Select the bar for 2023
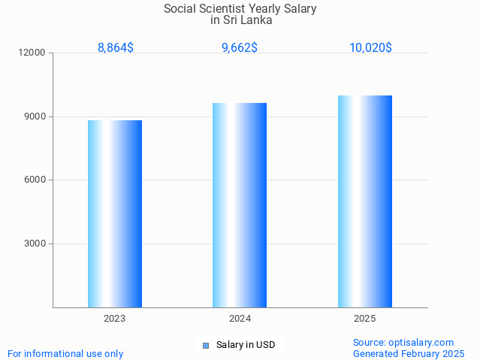pos(115,213)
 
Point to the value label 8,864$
pos(116,47)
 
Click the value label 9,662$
pos(240,47)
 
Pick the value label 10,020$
pos(370,47)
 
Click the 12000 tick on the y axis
pos(33,53)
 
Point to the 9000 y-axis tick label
pos(35,116)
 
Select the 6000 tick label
pos(35,180)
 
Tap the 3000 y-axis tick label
pos(35,244)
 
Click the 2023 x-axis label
pos(115,319)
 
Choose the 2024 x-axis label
pos(240,319)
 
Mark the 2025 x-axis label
pos(365,319)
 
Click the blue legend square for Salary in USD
pos(206,346)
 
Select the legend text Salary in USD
pos(246,345)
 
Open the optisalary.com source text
pos(403,342)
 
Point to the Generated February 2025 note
pos(409,353)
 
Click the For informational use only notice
pos(65,353)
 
